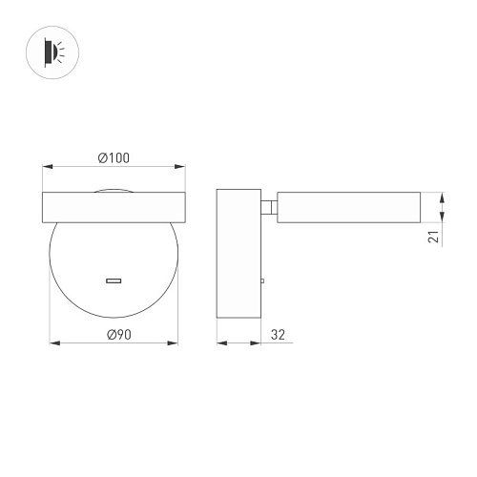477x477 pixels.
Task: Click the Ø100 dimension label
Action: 114,158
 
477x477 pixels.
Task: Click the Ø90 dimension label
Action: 119,335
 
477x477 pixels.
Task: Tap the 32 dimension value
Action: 278,335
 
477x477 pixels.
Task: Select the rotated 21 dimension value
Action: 433,237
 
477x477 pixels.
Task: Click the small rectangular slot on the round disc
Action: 114,280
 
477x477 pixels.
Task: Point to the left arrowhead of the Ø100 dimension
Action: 48,166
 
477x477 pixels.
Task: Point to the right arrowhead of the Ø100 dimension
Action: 180,166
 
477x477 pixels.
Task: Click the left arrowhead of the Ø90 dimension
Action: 54,343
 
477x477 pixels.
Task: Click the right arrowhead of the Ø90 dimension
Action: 173,343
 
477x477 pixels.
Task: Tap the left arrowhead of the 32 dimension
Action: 222,343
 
